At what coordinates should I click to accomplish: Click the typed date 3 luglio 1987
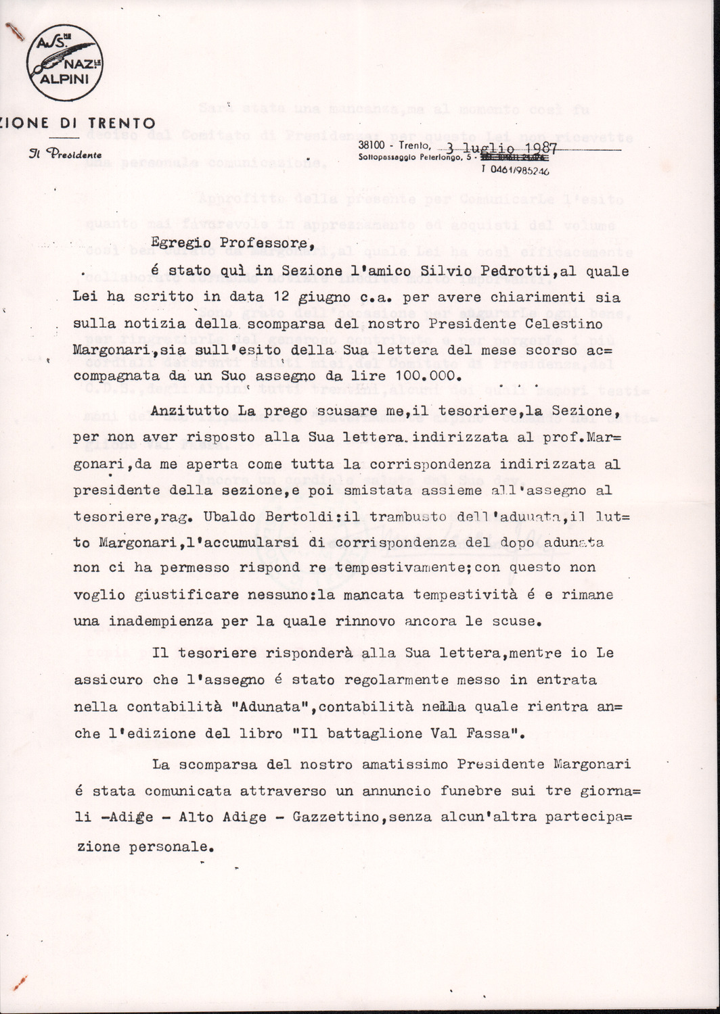coord(501,148)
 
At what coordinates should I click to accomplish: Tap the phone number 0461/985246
coord(518,170)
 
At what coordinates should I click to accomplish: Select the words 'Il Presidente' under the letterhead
coord(65,154)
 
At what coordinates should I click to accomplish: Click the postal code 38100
coord(372,145)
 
